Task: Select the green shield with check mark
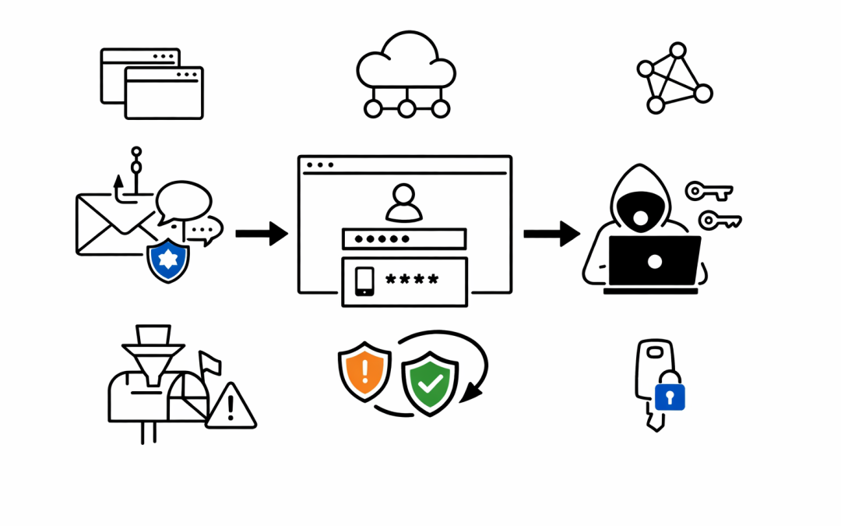430,382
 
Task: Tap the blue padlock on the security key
670,395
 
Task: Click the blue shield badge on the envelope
168,260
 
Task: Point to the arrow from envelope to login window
261,233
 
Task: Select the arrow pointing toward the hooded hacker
551,233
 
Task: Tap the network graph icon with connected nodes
674,78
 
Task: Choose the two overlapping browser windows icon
152,83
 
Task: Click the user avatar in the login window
403,203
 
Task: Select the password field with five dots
403,238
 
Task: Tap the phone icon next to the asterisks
364,281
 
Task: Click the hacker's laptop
654,262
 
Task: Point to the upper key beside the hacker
708,191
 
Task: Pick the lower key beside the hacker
719,221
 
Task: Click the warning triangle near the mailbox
231,408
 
